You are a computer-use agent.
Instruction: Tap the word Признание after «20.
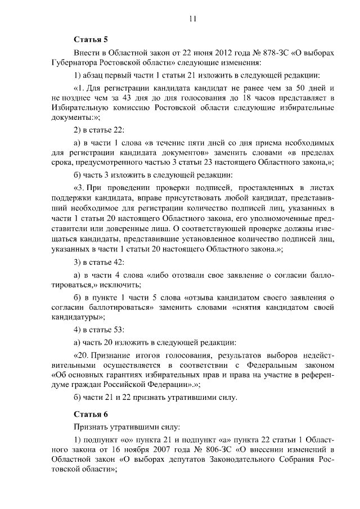pos(121,355)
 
